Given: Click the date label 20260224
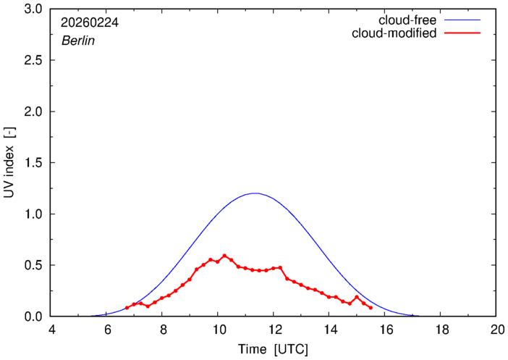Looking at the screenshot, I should pyautogui.click(x=90, y=22).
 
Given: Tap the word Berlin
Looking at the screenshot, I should pyautogui.click(x=78, y=41).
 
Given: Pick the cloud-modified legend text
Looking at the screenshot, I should pyautogui.click(x=394, y=33).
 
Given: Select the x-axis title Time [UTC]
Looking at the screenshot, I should pyautogui.click(x=274, y=349).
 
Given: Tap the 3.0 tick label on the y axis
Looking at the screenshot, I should pyautogui.click(x=33, y=9).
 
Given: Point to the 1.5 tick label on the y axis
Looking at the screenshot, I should pyautogui.click(x=33, y=163).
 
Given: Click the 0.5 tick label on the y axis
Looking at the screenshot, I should pyautogui.click(x=33, y=265).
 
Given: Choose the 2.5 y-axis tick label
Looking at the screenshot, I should pyautogui.click(x=33, y=61).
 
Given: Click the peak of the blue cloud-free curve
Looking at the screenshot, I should pyautogui.click(x=254, y=193).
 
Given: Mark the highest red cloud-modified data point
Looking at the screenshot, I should pyautogui.click(x=224, y=256).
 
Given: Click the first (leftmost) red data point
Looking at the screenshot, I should pyautogui.click(x=127, y=308).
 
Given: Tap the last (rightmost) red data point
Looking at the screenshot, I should pyautogui.click(x=371, y=308).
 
